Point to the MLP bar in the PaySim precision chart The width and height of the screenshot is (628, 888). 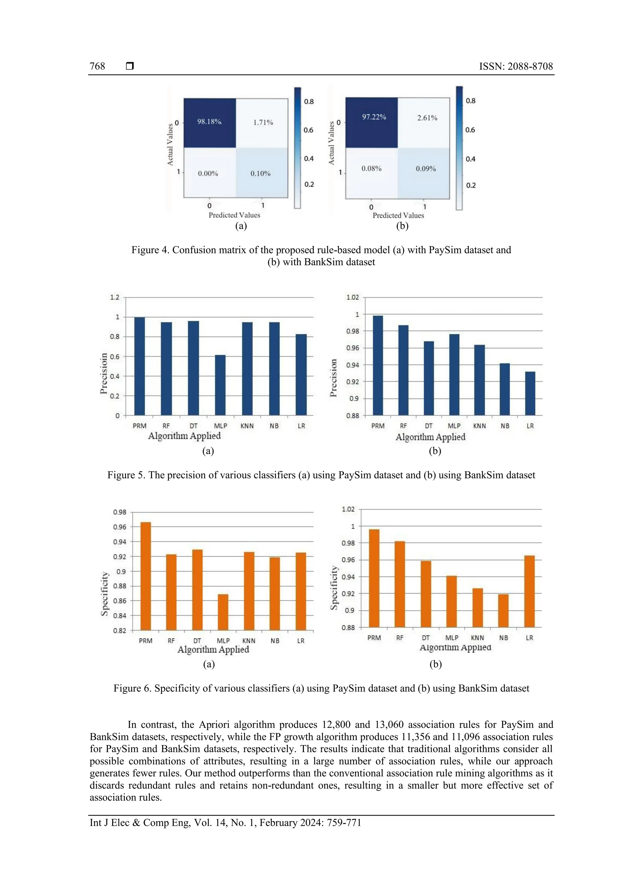point(220,385)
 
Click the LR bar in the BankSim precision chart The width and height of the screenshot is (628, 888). point(530,393)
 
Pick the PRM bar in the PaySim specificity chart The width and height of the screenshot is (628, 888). point(145,576)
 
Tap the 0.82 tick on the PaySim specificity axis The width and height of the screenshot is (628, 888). point(120,630)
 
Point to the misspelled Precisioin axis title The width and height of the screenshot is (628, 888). point(103,373)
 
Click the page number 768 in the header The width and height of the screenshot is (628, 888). point(98,66)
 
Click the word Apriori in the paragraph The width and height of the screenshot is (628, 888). point(214,725)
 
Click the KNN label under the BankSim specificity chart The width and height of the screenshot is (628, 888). point(477,638)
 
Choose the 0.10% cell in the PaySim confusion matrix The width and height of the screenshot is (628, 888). point(260,174)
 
